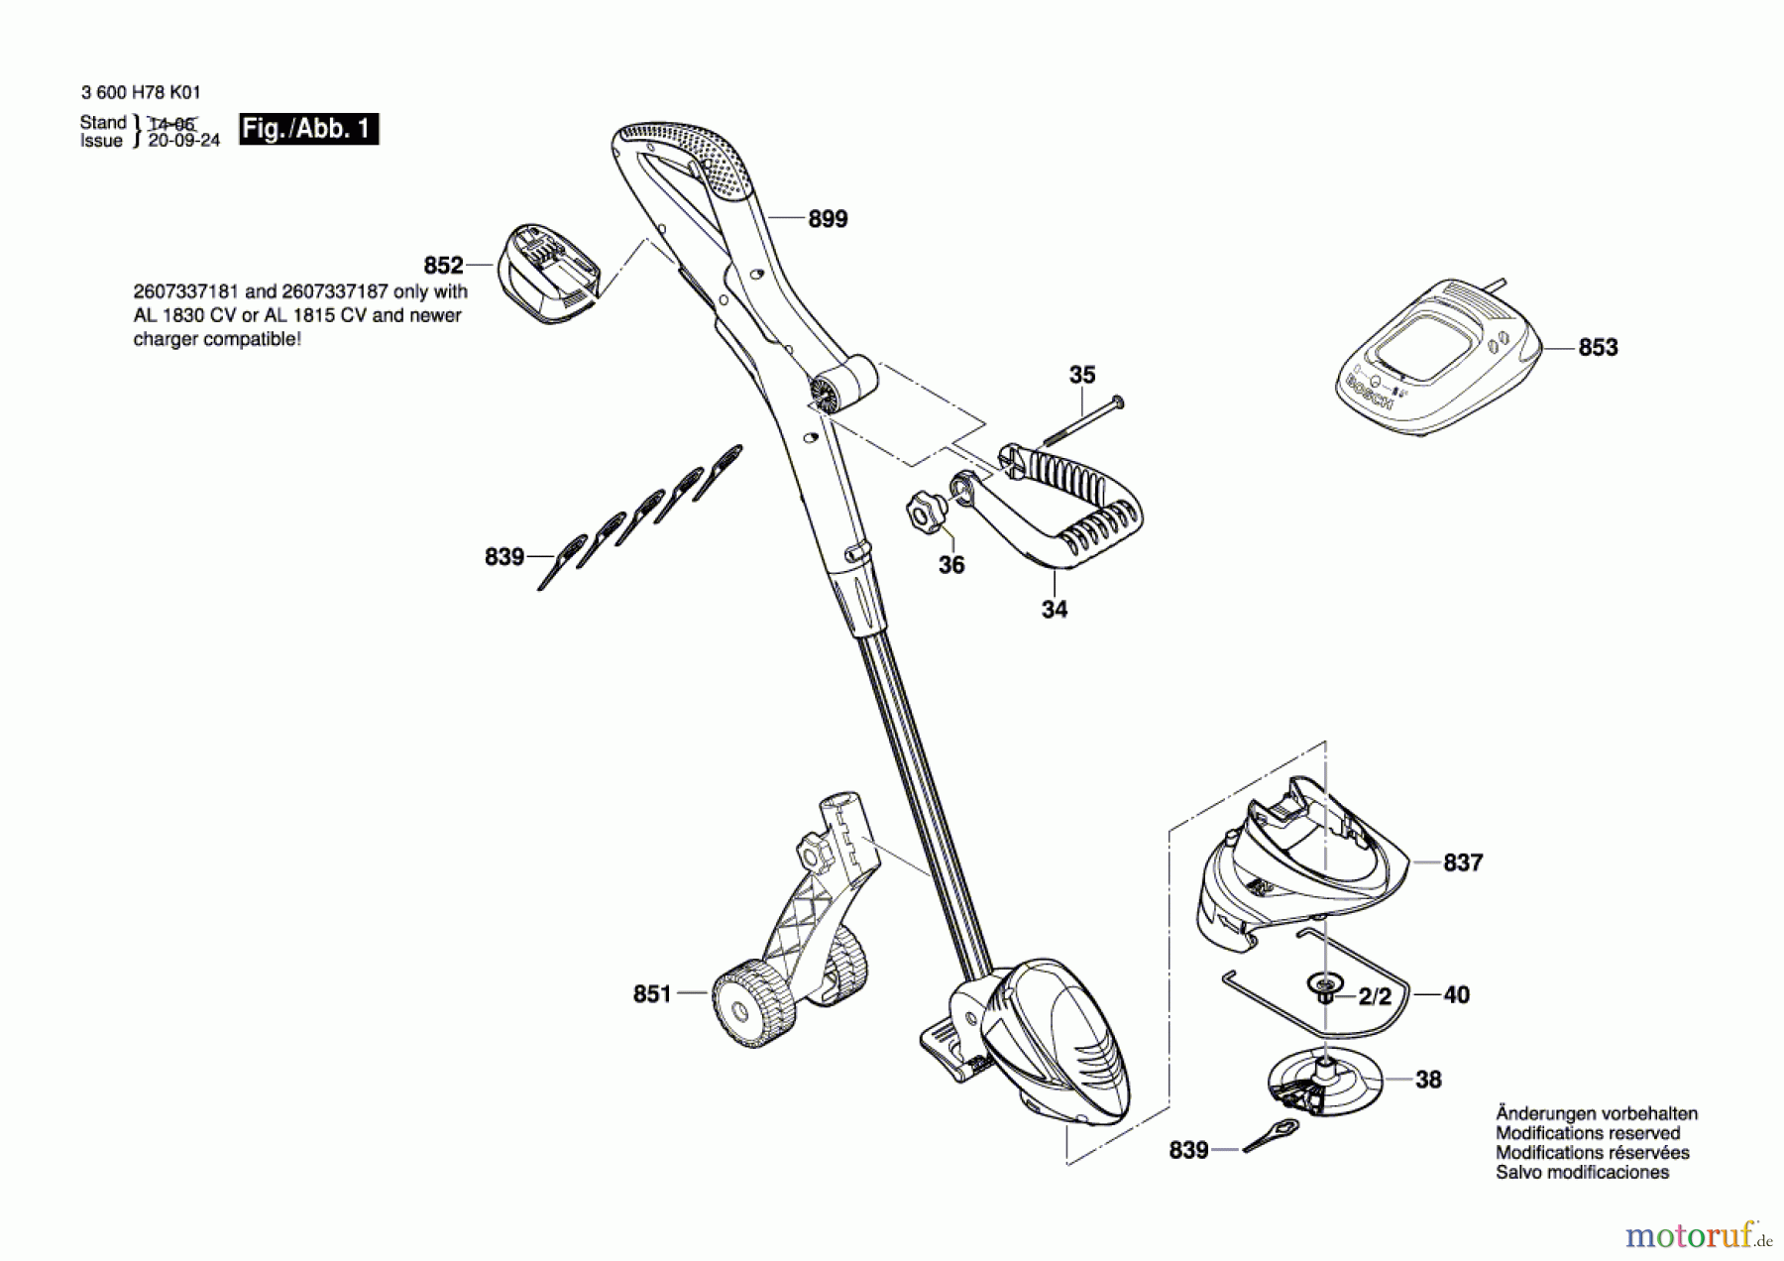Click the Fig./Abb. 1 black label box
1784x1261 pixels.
pos(308,130)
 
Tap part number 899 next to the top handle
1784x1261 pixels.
pos(828,219)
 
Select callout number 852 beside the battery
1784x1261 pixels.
pos(443,266)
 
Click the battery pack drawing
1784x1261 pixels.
pos(550,275)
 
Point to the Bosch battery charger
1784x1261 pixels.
pos(1437,357)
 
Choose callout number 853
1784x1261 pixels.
pos(1598,348)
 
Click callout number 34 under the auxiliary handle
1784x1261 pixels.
pos(1054,610)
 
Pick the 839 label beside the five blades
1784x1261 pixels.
pos(503,558)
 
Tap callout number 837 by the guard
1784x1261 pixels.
pos(1463,863)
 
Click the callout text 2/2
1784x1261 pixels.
pos(1375,996)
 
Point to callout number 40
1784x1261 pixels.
pos(1456,994)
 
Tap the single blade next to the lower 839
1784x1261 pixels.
pos(1271,1135)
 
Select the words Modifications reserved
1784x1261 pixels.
pos(1587,1133)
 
